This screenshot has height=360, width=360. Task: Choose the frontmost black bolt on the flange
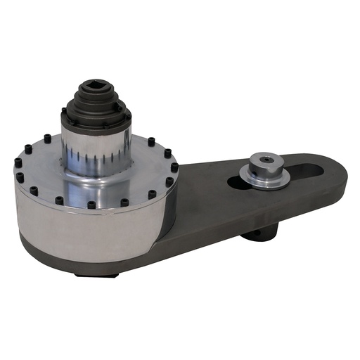click(x=91, y=205)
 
